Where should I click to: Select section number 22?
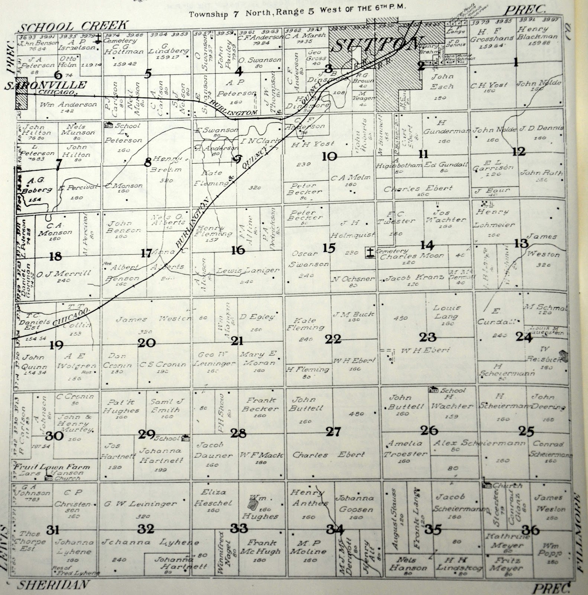(333, 339)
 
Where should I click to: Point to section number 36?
(530, 530)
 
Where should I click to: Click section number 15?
(329, 248)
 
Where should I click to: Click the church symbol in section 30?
(48, 477)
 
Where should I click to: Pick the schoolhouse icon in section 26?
(432, 390)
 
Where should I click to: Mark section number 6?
(58, 75)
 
